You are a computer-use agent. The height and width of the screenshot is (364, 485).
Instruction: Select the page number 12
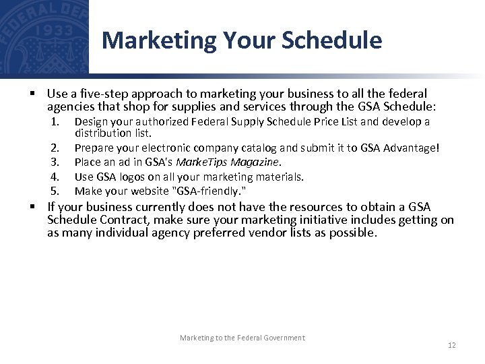click(452, 345)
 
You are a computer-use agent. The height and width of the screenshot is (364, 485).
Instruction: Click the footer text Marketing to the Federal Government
click(242, 338)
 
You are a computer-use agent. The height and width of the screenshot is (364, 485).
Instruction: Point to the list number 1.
click(56, 122)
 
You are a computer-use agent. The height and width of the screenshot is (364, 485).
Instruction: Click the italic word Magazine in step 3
click(257, 162)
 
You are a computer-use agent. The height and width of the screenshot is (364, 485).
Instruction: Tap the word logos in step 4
click(131, 177)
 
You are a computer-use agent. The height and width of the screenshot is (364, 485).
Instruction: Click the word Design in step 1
click(90, 122)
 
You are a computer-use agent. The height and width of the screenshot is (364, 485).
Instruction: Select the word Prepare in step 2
click(93, 148)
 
